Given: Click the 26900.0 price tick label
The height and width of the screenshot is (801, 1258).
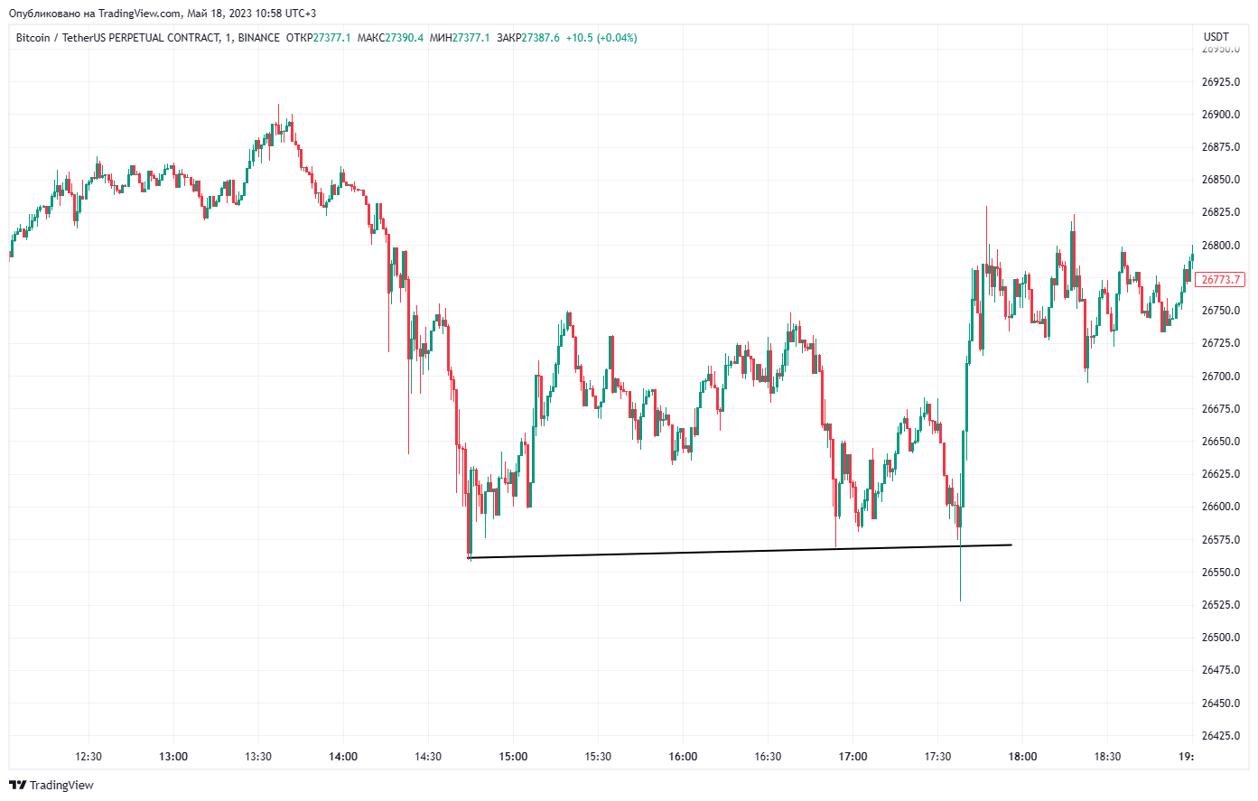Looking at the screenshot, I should click(1220, 115).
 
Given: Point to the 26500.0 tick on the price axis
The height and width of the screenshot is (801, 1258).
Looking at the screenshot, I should click(1220, 638).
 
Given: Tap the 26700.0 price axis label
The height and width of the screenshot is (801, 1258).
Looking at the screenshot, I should click(1220, 377).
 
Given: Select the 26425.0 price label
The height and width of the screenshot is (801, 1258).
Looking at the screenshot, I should click(1220, 736).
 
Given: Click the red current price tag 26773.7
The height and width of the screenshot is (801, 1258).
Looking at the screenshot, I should click(1220, 280).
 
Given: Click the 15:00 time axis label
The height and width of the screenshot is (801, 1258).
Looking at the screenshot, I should click(513, 757).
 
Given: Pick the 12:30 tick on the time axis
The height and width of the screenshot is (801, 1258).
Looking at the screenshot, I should click(89, 757).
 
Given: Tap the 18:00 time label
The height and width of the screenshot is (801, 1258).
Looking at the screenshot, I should click(1022, 757).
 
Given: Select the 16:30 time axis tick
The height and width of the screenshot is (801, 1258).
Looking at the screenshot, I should click(768, 757).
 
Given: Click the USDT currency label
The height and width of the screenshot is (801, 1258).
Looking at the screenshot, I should click(1216, 37).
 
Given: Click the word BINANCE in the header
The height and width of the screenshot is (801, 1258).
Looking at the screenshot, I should click(259, 38).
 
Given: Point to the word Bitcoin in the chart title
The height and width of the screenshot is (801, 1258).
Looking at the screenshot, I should click(33, 38).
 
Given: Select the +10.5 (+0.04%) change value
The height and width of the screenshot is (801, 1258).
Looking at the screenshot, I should click(601, 38).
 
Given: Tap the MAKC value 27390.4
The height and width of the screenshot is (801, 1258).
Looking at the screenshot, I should click(404, 38).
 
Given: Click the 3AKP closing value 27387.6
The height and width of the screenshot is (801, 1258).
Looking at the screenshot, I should click(540, 38).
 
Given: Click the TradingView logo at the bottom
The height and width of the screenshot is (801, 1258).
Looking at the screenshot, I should click(51, 785).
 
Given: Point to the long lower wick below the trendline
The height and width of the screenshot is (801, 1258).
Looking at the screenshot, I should click(960, 578).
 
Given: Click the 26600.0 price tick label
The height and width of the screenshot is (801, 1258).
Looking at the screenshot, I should click(1220, 507).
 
